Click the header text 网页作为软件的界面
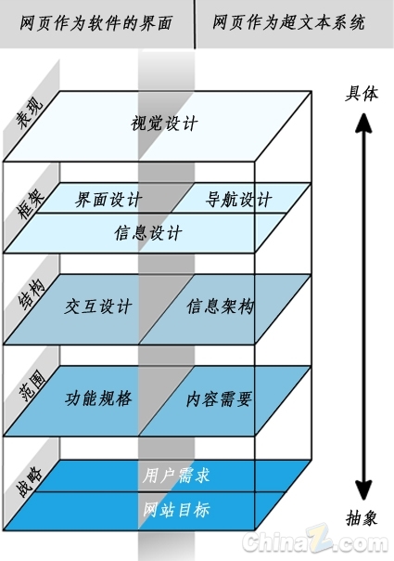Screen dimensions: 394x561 tap(95, 23)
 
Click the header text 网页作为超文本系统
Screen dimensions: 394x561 tap(288, 22)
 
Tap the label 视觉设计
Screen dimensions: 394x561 tap(164, 124)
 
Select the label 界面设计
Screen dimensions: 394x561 tap(108, 199)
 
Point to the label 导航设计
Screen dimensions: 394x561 tap(238, 199)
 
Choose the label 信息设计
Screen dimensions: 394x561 tap(148, 232)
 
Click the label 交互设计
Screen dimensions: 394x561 tap(98, 307)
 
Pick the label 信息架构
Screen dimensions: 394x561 tap(221, 307)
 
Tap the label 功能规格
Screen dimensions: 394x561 tap(98, 398)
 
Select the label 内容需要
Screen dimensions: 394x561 tap(220, 399)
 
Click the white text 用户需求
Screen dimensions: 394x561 tap(176, 476)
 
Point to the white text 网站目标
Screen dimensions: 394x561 tap(176, 510)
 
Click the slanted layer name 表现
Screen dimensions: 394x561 tap(30, 111)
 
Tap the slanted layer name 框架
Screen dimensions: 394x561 tap(30, 203)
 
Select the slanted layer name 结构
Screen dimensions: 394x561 tap(32, 294)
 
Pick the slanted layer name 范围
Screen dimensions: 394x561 tap(32, 385)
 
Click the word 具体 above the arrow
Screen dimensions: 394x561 tap(362, 94)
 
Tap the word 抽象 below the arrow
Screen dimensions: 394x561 tap(362, 517)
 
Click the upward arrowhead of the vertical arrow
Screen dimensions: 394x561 tap(363, 123)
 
